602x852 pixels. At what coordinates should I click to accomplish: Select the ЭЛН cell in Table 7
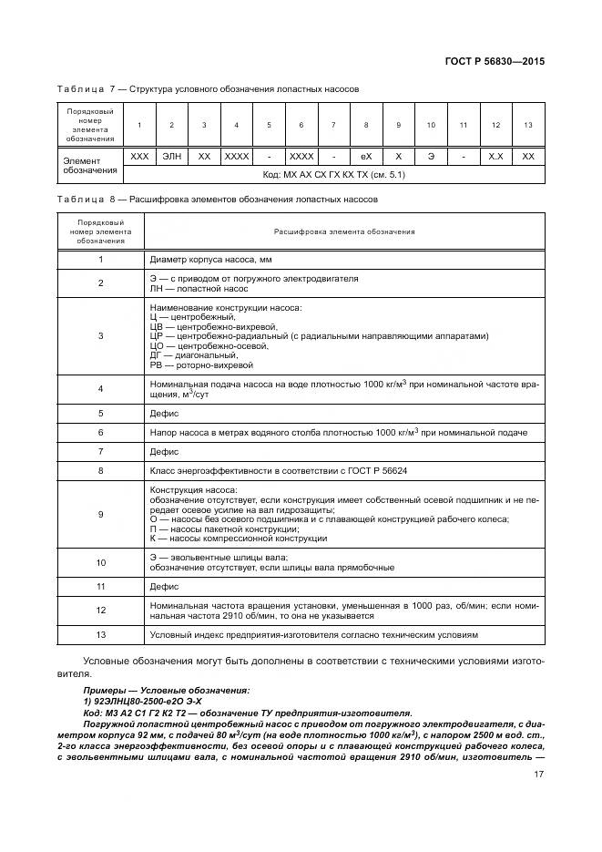171,157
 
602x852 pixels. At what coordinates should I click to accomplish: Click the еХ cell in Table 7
366,157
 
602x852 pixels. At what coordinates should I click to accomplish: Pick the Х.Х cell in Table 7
495,157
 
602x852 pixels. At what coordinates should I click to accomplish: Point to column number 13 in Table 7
528,125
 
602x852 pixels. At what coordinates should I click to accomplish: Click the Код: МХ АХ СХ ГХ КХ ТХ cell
333,173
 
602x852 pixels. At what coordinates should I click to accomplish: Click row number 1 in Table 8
100,260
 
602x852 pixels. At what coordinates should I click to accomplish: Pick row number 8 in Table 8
100,471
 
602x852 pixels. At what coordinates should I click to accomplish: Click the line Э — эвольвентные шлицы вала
219,557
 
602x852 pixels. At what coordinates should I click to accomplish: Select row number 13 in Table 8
100,634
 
